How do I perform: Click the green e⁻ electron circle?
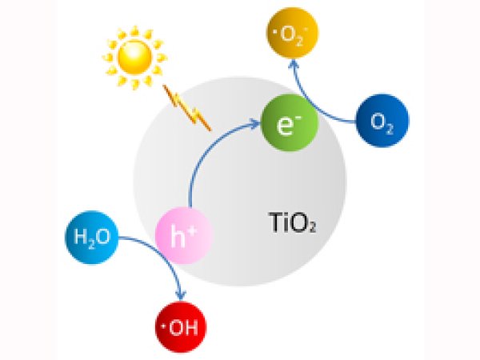click(x=290, y=123)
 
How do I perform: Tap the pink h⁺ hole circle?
click(x=184, y=235)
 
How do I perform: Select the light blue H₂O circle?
click(x=92, y=238)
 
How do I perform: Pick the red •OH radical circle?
click(x=181, y=327)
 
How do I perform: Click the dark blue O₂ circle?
click(x=382, y=120)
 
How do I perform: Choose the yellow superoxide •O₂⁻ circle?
click(x=292, y=33)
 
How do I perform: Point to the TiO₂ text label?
click(x=292, y=222)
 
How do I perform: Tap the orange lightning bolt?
click(x=187, y=108)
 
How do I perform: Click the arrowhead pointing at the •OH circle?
click(x=182, y=296)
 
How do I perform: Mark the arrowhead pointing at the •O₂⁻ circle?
click(x=294, y=63)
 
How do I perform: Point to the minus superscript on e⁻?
click(x=298, y=118)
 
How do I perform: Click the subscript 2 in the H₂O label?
click(x=91, y=244)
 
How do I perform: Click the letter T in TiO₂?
click(x=274, y=222)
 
